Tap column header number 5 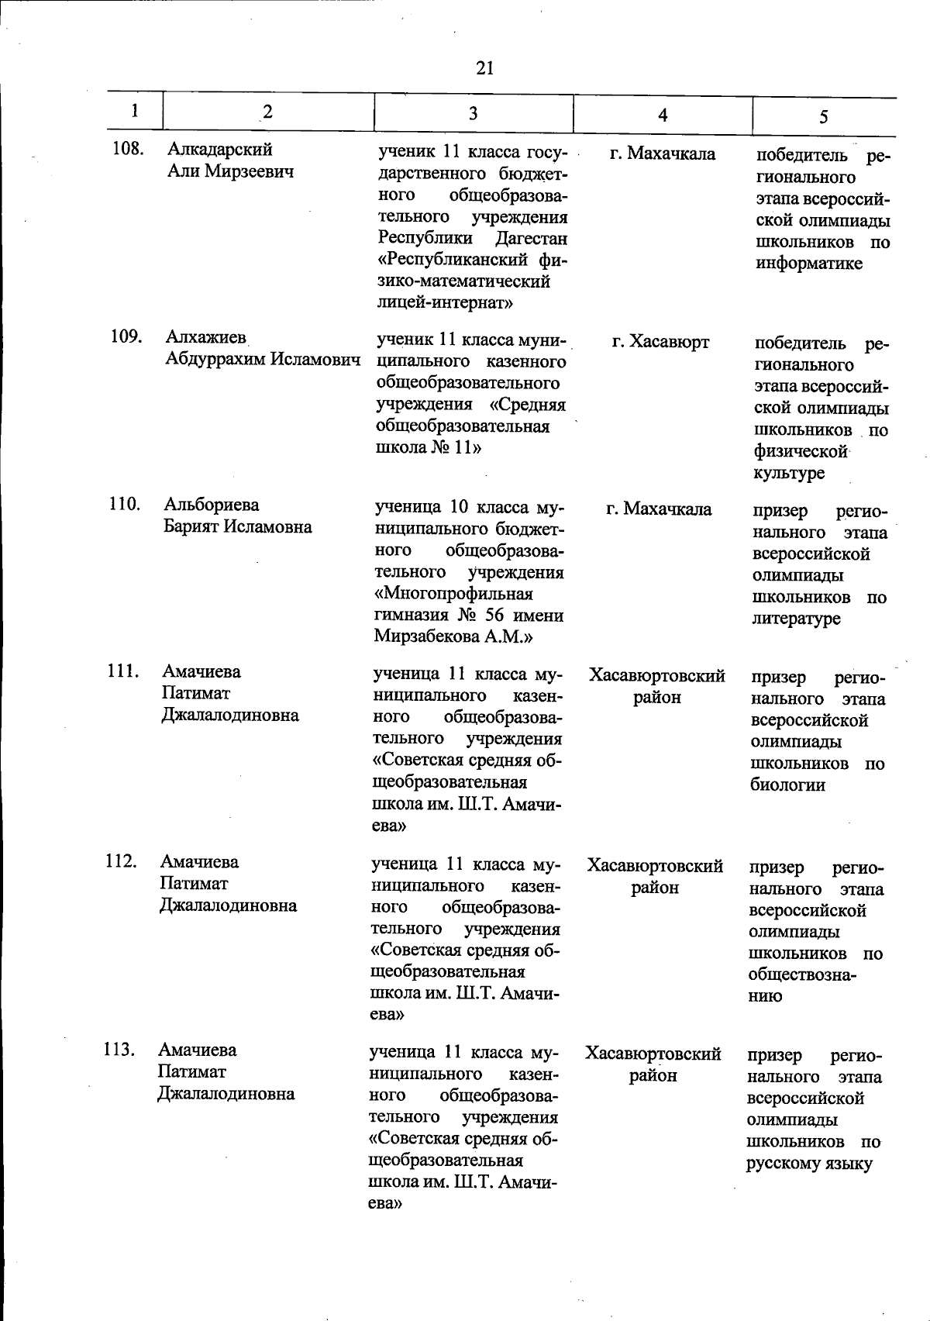[x=823, y=116]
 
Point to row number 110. [x=124, y=505]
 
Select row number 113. [x=119, y=1050]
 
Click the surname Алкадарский [x=220, y=149]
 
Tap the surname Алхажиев [x=205, y=337]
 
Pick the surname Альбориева [x=212, y=505]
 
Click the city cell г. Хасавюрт [x=660, y=342]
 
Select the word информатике [x=808, y=264]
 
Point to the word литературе [x=796, y=619]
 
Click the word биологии [x=787, y=785]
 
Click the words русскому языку [x=809, y=1163]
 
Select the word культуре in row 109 [x=788, y=473]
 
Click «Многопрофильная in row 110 [x=453, y=594]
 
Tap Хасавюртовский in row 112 [x=655, y=865]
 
